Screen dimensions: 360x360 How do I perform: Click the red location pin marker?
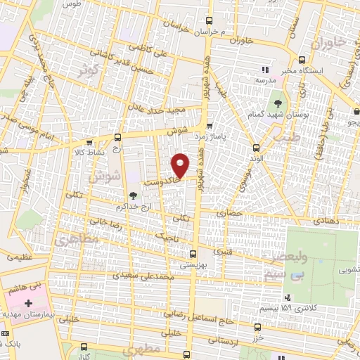[181, 165]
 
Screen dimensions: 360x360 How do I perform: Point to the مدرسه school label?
[264, 81]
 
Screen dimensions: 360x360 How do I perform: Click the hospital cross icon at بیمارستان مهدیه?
[28, 304]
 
